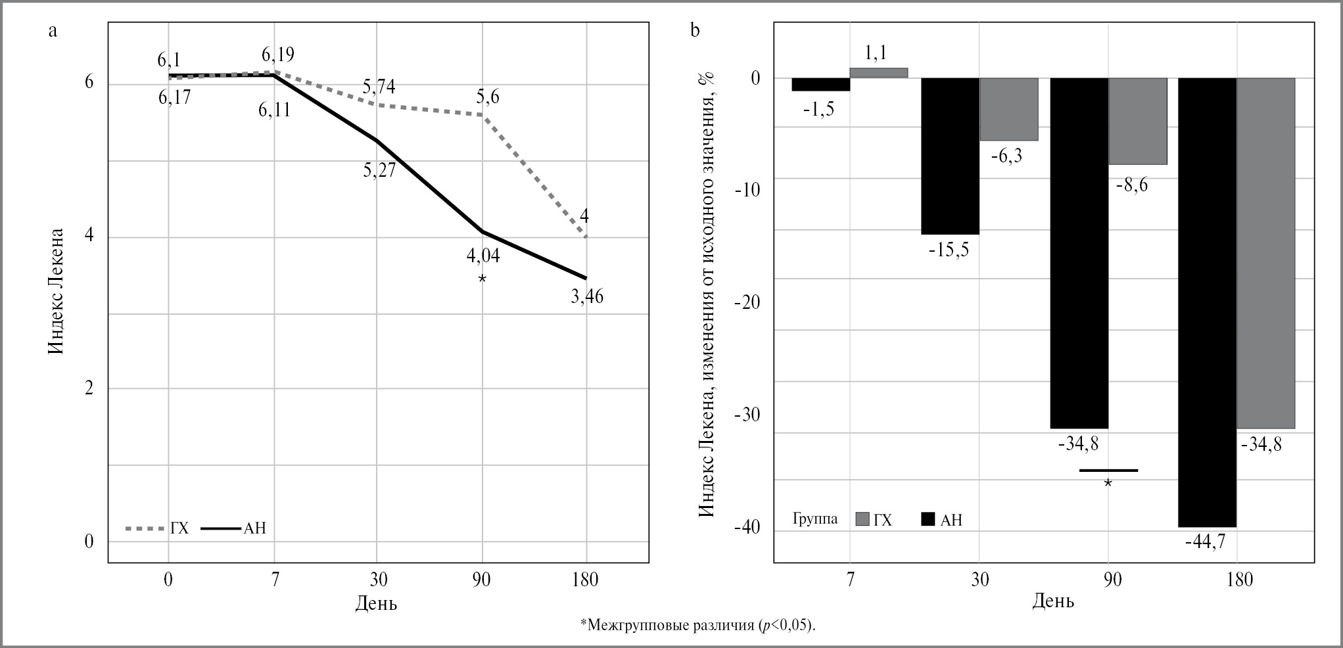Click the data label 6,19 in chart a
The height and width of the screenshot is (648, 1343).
[277, 54]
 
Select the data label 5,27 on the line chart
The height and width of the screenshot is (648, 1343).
[379, 170]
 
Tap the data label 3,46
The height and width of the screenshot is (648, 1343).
[586, 297]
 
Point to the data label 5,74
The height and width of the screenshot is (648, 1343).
[379, 87]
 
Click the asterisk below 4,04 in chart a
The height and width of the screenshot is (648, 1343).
[482, 279]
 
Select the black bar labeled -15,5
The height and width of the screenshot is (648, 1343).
[950, 156]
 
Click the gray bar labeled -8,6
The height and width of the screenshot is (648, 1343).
[1138, 121]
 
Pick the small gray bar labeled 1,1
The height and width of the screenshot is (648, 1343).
[879, 73]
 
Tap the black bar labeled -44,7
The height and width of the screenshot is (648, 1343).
[1207, 302]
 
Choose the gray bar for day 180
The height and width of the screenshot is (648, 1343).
[1266, 253]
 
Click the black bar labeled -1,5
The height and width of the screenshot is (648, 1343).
[820, 84]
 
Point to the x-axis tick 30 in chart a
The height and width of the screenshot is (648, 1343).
[378, 580]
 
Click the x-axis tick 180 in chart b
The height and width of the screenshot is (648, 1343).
[1237, 580]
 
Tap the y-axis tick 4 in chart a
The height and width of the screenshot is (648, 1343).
[89, 237]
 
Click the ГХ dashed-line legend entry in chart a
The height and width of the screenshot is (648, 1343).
[157, 528]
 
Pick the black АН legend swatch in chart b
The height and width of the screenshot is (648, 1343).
[928, 520]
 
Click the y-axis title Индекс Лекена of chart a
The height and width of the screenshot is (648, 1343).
[57, 290]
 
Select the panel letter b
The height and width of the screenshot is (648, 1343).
[695, 30]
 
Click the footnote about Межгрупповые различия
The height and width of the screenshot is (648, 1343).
[697, 624]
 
